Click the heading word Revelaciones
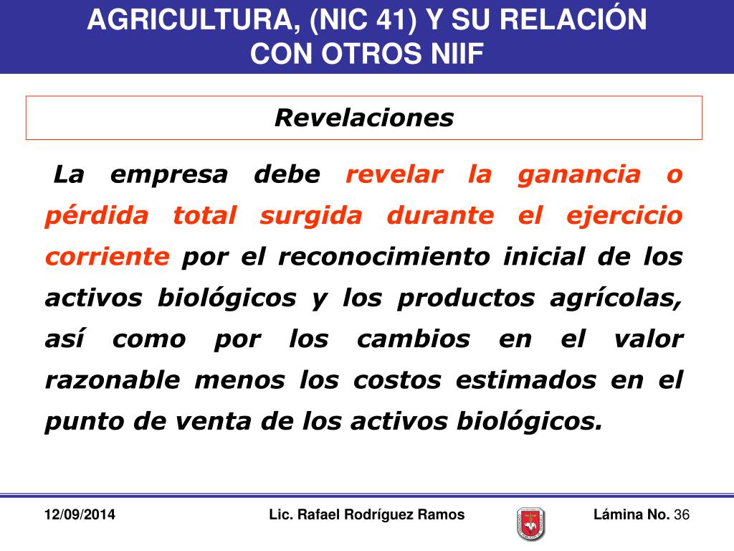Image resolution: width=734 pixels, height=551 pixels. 364,118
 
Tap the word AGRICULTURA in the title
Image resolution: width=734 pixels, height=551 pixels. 188,20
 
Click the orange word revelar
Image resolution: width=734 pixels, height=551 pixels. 395,174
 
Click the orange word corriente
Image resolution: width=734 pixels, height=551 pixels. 108,257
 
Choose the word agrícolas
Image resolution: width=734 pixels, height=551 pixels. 616,298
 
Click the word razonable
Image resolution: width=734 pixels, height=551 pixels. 113,380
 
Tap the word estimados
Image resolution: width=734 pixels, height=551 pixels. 527,380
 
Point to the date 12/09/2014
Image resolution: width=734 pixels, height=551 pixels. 80,515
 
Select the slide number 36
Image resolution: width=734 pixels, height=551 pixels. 682,515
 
